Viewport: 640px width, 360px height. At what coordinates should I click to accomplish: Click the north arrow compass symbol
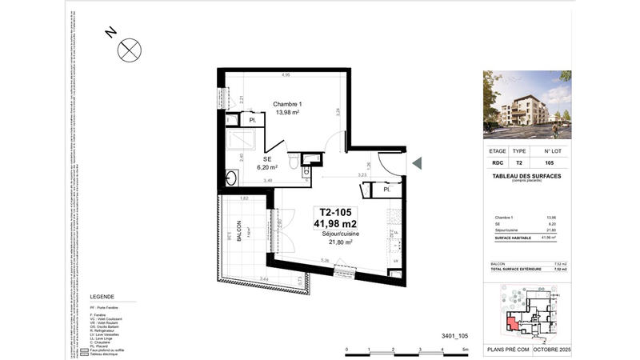point(128,50)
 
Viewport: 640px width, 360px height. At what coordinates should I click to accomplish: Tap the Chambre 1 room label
point(287,104)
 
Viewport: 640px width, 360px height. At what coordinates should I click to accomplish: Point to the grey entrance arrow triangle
point(417,163)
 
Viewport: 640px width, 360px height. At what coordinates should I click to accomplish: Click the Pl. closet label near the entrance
point(386,191)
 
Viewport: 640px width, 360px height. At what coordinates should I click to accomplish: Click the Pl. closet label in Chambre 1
point(252,121)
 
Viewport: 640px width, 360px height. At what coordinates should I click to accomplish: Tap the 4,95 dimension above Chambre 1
point(285,75)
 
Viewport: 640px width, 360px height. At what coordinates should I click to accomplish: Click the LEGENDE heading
point(102,295)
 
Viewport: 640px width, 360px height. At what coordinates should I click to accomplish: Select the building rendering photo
point(527,105)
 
